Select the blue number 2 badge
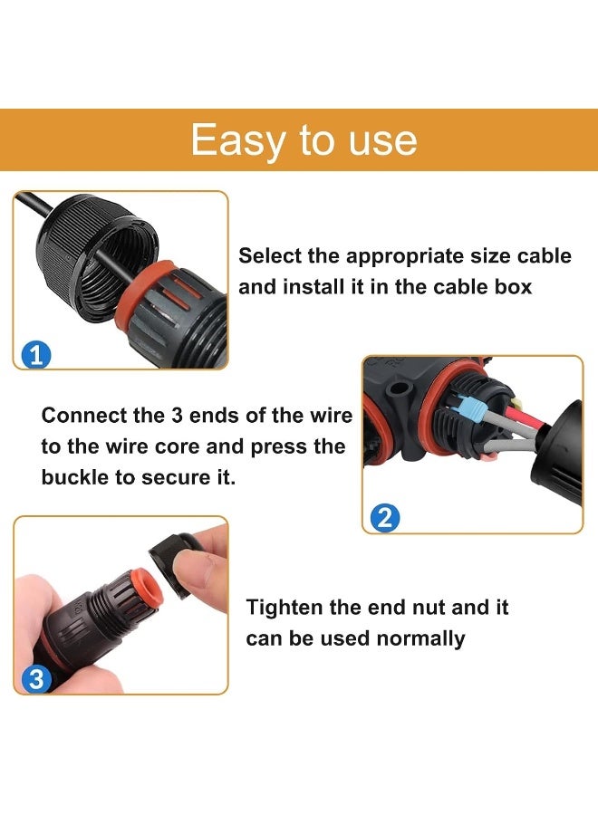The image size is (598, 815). point(384,518)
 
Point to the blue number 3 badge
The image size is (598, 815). point(36,679)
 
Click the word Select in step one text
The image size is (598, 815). point(267,256)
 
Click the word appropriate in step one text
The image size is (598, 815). point(411,256)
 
